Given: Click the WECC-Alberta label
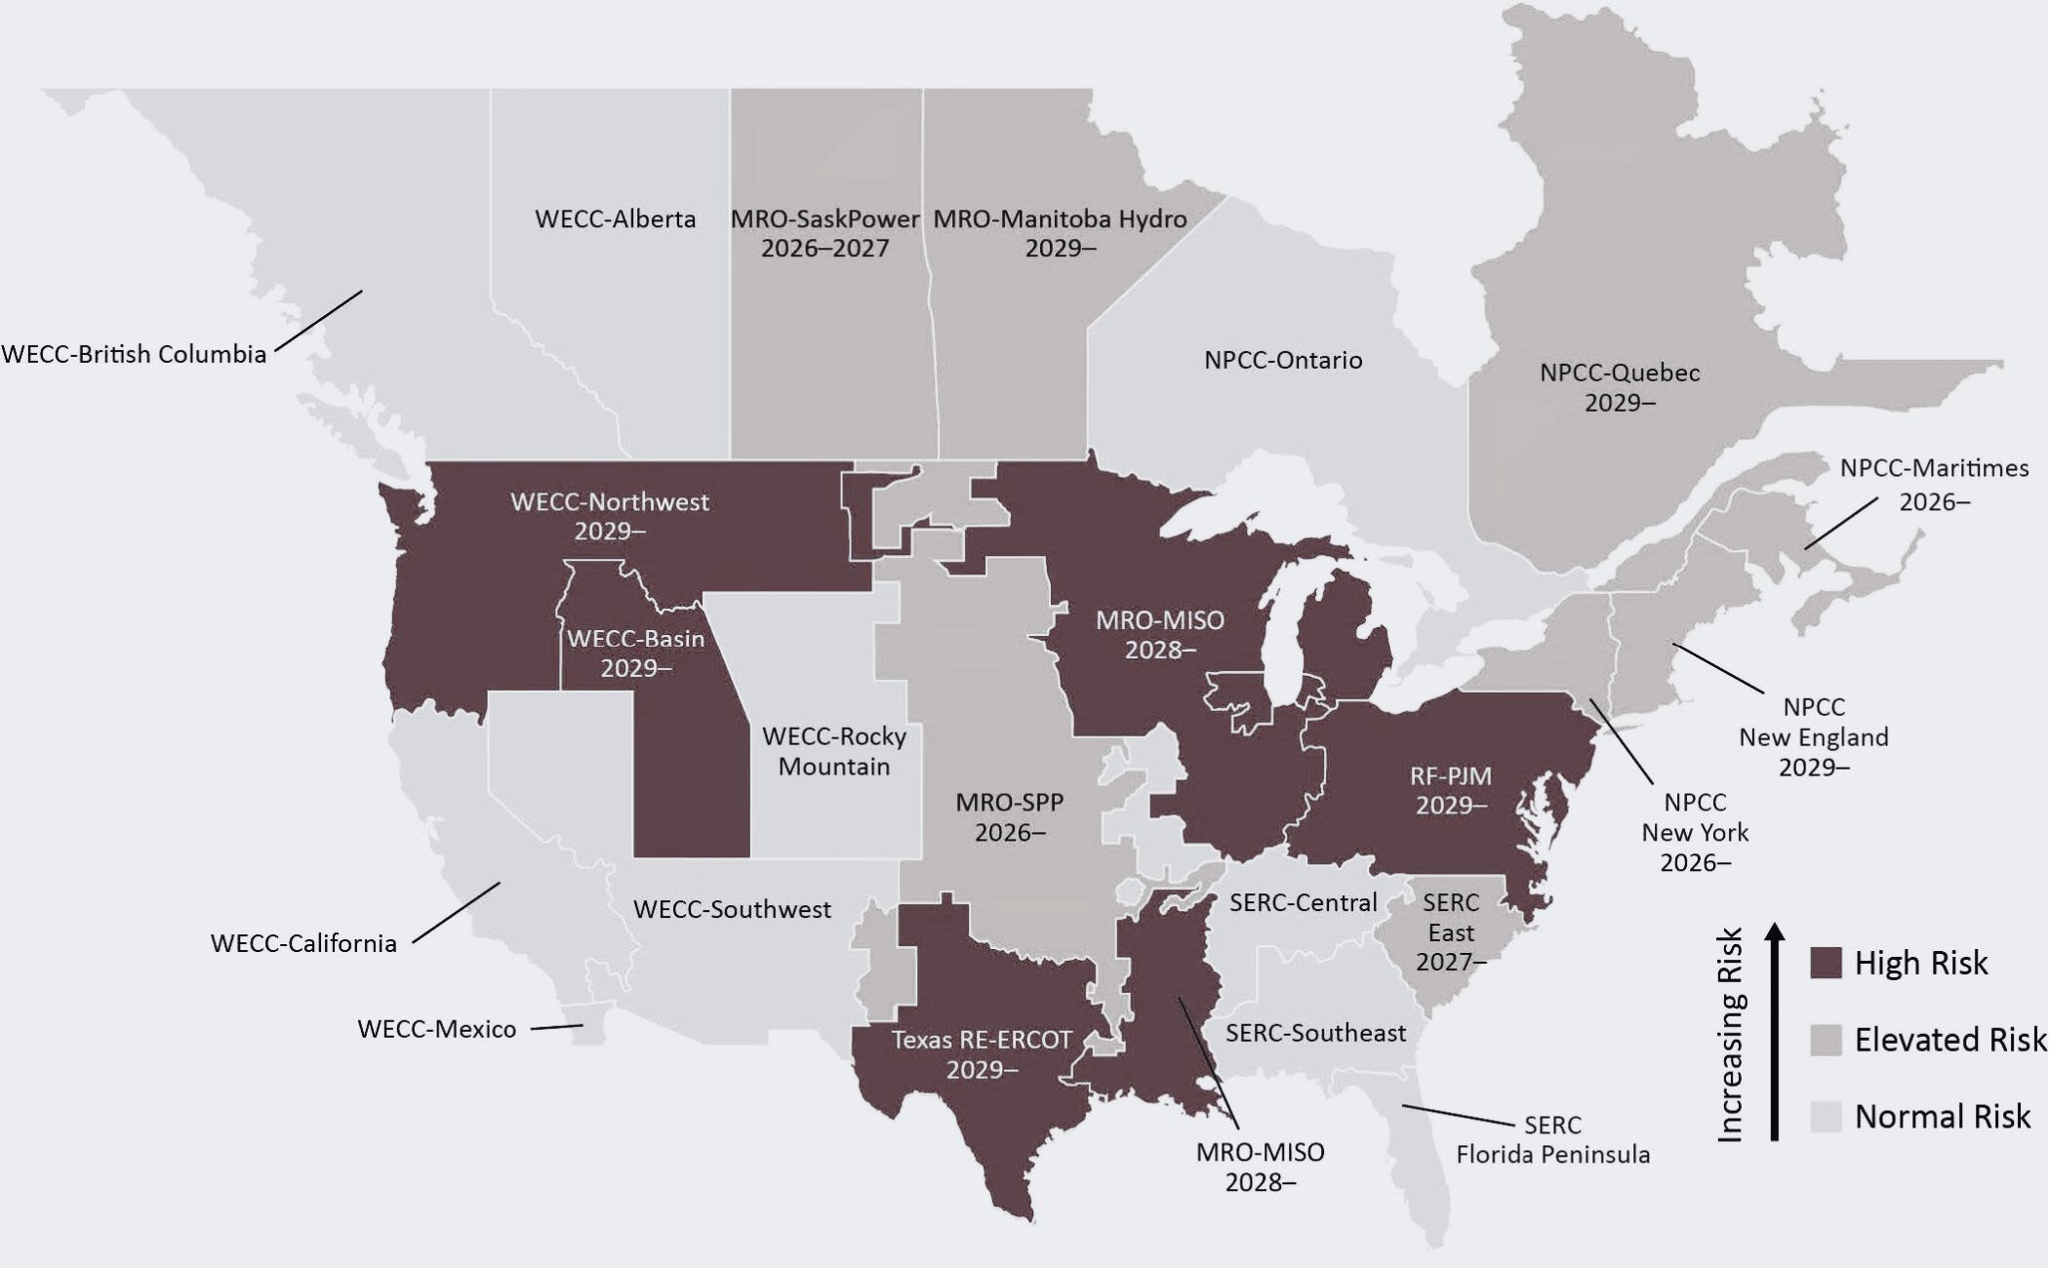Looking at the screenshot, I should click(615, 218).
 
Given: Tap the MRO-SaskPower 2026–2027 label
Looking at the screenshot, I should click(824, 233).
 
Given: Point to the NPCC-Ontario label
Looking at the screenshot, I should click(1282, 360).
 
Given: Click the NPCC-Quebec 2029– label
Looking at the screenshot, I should click(1620, 387).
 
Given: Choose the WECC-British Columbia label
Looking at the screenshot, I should click(134, 354).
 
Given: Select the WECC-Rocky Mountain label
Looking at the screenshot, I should click(834, 751).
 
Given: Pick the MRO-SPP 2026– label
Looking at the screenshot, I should click(1009, 817).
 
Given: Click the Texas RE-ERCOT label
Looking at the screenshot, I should click(982, 1054).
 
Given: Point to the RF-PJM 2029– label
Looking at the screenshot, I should click(1451, 790).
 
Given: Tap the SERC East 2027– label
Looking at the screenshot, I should click(1451, 931).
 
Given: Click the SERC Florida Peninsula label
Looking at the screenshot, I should click(1552, 1139).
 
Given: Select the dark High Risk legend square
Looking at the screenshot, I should click(1826, 962).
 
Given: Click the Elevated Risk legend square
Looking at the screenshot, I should click(1826, 1039).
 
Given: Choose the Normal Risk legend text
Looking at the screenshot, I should click(1942, 1116).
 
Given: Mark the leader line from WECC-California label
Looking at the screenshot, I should click(457, 912).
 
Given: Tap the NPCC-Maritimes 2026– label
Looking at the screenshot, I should click(1934, 484).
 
